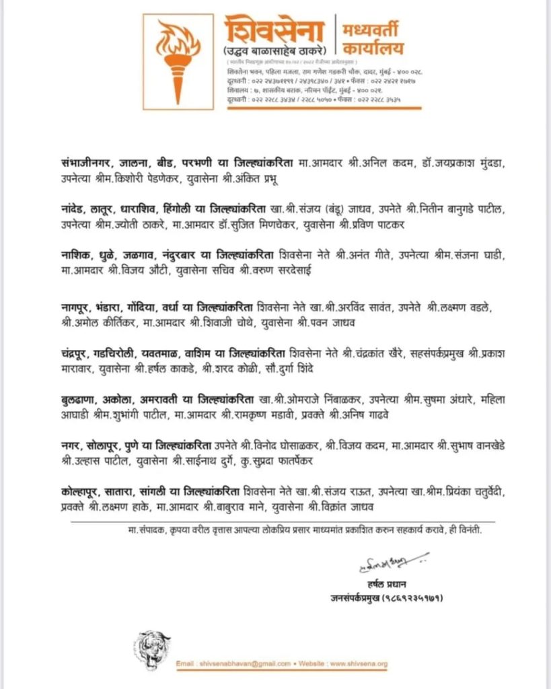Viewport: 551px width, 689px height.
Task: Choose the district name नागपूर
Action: [x=75, y=307]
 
